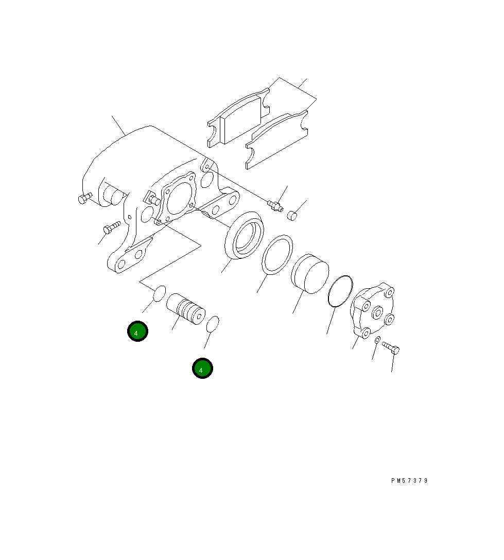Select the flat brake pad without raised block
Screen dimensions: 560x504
(277, 140)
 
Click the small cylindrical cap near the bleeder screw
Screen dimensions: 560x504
(292, 215)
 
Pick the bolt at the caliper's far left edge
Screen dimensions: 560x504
(84, 198)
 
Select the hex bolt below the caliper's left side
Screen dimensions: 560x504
(111, 227)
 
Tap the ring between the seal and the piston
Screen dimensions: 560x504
(277, 254)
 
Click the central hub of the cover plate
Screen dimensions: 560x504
(377, 312)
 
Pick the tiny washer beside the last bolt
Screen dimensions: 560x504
(377, 340)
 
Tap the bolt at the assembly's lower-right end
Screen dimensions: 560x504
(391, 348)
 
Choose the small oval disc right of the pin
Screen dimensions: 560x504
(213, 324)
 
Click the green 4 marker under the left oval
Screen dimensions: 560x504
(137, 331)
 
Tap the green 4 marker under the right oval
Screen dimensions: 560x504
(202, 369)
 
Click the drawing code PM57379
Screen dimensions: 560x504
(409, 481)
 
